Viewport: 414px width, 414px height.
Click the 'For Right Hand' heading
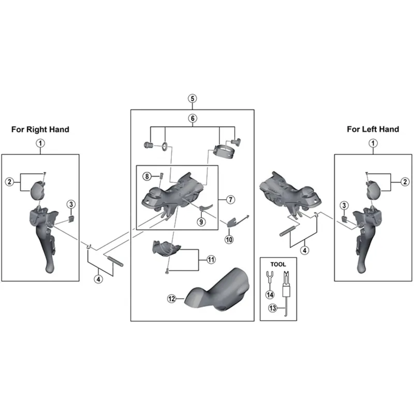[x=40, y=129]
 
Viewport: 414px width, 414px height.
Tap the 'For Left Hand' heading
[x=373, y=129]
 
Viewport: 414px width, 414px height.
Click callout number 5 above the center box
[x=192, y=98]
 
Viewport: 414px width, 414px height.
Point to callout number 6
[x=192, y=119]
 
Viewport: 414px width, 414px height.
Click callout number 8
[x=147, y=176]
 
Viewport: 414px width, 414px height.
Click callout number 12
[x=172, y=298]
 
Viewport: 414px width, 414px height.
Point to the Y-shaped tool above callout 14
[x=270, y=277]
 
